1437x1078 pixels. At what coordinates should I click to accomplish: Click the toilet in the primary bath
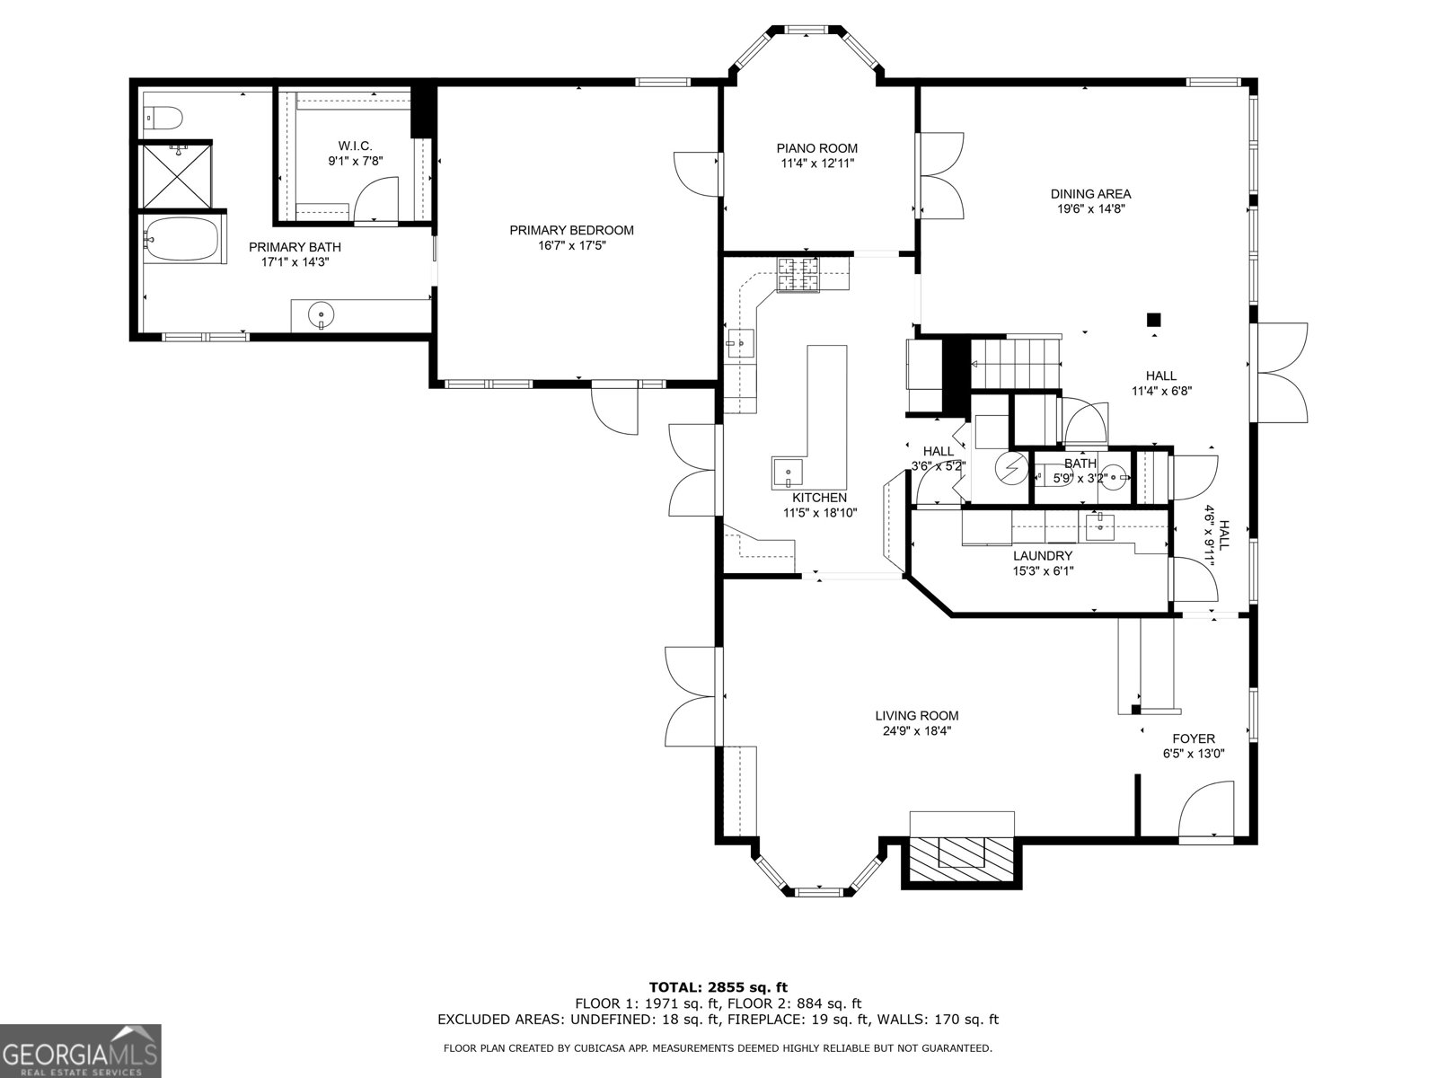pyautogui.click(x=163, y=119)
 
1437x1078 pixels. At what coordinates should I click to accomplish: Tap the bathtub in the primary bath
pyautogui.click(x=181, y=239)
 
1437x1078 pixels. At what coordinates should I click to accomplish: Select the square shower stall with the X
pyautogui.click(x=176, y=176)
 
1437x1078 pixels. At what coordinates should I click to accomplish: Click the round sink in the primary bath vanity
pyautogui.click(x=321, y=314)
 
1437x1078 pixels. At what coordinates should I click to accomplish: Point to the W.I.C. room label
pyautogui.click(x=356, y=146)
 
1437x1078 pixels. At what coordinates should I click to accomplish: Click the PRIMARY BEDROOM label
pyautogui.click(x=571, y=230)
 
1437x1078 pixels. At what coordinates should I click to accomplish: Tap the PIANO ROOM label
pyautogui.click(x=817, y=148)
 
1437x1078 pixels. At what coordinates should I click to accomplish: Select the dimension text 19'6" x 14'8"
pyautogui.click(x=1090, y=209)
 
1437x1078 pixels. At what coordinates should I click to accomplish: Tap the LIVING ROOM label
pyautogui.click(x=917, y=716)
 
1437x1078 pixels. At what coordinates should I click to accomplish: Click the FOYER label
pyautogui.click(x=1194, y=738)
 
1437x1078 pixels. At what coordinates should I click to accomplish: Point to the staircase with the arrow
pyautogui.click(x=1015, y=363)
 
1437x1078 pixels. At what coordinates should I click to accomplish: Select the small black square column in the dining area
pyautogui.click(x=1153, y=320)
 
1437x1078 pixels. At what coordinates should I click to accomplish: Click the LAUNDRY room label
pyautogui.click(x=1043, y=556)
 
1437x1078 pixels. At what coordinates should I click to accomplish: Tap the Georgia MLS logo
pyautogui.click(x=81, y=1051)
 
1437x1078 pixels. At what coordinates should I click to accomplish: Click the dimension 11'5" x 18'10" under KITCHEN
pyautogui.click(x=820, y=513)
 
